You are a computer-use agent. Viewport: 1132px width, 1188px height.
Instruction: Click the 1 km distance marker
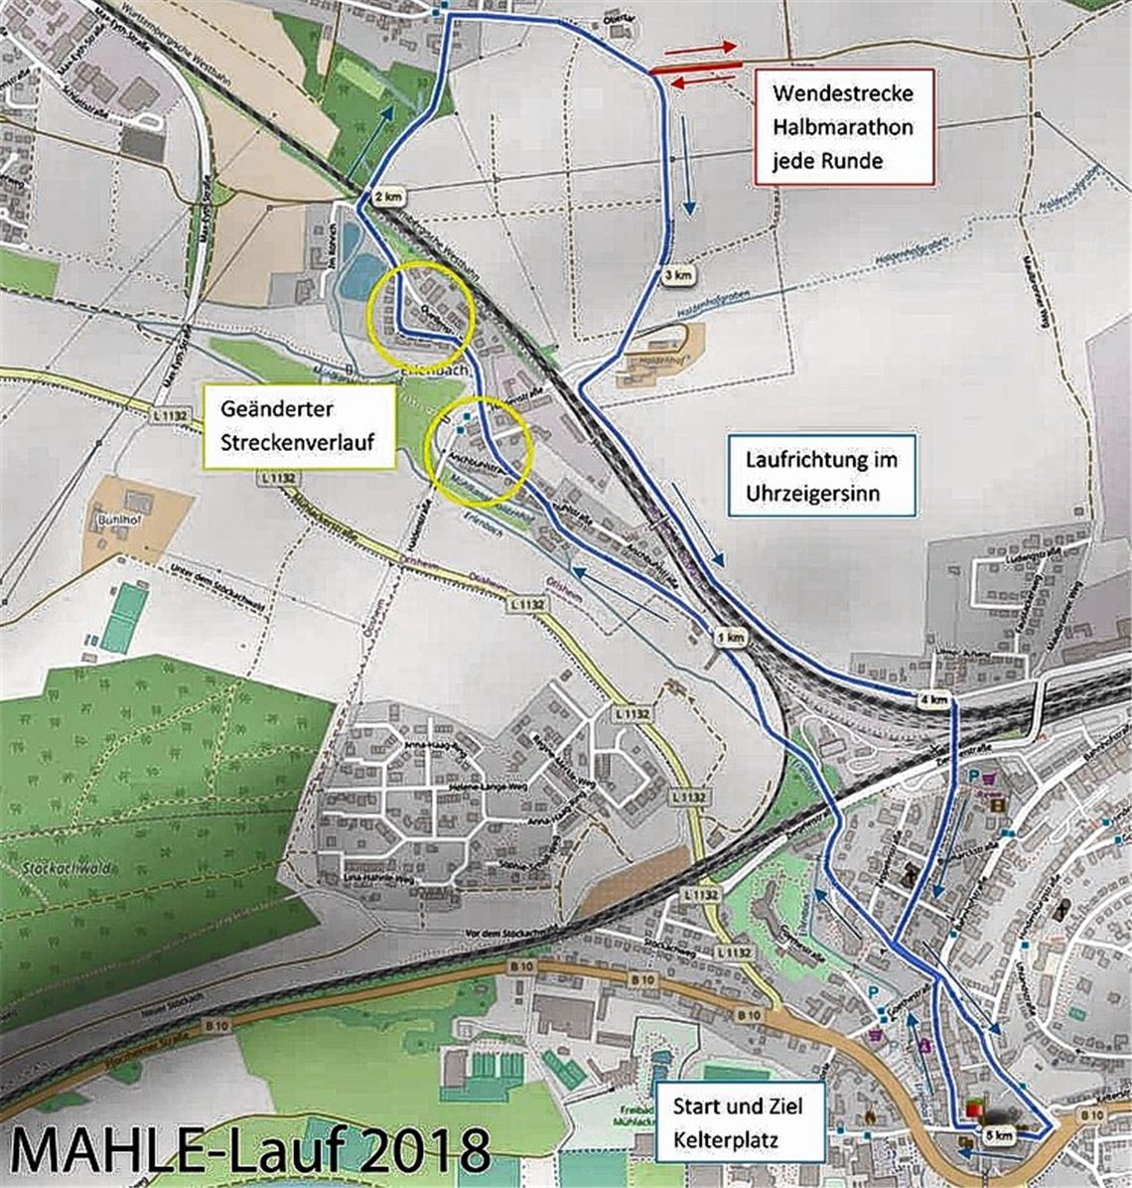[729, 638]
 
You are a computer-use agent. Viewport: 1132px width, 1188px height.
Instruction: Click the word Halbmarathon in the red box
[843, 126]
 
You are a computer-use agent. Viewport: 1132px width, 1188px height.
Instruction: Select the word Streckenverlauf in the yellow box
[299, 442]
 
